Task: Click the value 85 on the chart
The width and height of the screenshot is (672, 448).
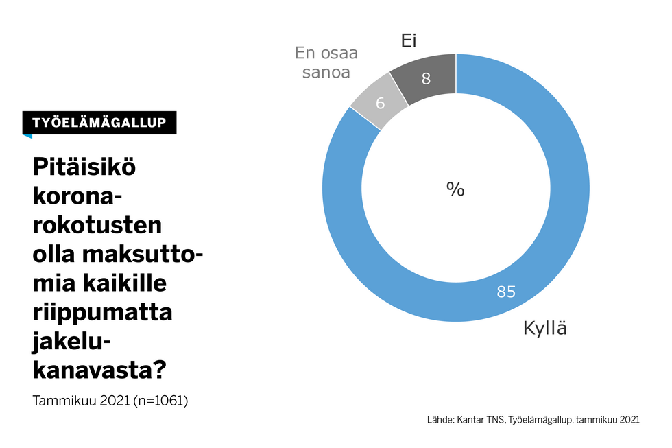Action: (x=506, y=292)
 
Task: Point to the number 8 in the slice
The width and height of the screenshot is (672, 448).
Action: (x=426, y=79)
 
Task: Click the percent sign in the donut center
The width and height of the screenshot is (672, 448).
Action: (x=455, y=189)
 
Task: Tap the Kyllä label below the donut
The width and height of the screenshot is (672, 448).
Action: (x=546, y=329)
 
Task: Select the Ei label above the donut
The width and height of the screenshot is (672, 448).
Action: (x=409, y=42)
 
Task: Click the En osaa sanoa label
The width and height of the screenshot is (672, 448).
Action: (x=326, y=62)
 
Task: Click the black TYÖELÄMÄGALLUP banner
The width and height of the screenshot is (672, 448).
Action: (x=99, y=122)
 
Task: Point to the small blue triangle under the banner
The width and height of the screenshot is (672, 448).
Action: (x=27, y=136)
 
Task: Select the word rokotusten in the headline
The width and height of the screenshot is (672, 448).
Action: (x=97, y=225)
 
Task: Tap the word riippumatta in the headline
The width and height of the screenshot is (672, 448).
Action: (x=102, y=312)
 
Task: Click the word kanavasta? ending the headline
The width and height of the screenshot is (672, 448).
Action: (x=100, y=370)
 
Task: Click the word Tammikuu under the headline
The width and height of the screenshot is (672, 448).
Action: (x=62, y=400)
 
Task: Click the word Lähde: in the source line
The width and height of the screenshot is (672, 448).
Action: (x=440, y=420)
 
